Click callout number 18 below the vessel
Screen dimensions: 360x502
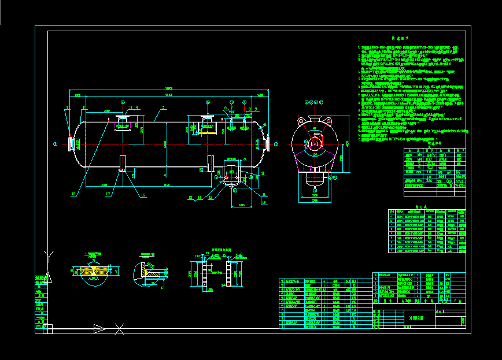pos(73,194)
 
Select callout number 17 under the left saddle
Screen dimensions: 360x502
pos(107,194)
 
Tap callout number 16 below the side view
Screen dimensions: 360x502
pos(142,195)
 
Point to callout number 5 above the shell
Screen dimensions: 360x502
pos(164,107)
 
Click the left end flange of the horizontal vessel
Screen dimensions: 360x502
pos(71,144)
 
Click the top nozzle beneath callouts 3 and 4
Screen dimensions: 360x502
pos(122,123)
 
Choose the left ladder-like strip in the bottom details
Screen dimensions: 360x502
pos(204,274)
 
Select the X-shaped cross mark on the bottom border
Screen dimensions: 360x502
pos(119,329)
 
